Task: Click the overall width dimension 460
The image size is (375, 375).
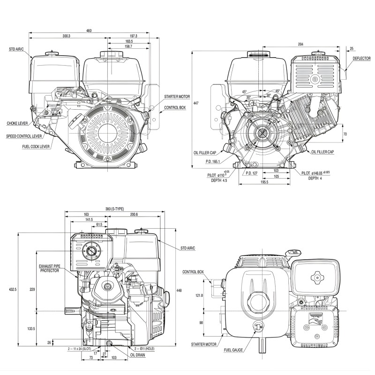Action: pyautogui.click(x=89, y=31)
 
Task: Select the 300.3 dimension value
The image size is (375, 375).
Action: pyautogui.click(x=66, y=37)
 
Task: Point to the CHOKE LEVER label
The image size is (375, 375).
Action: pyautogui.click(x=17, y=124)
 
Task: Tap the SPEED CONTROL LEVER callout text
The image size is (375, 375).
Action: pyautogui.click(x=24, y=136)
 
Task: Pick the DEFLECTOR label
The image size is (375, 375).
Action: pyautogui.click(x=361, y=59)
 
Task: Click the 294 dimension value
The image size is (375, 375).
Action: pyautogui.click(x=300, y=45)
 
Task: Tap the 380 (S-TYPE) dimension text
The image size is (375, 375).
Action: pyautogui.click(x=114, y=209)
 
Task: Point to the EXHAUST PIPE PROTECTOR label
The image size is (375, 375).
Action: pyautogui.click(x=49, y=269)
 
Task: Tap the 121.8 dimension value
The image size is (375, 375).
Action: pyautogui.click(x=199, y=295)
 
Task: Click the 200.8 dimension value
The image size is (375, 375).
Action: pyautogui.click(x=134, y=214)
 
